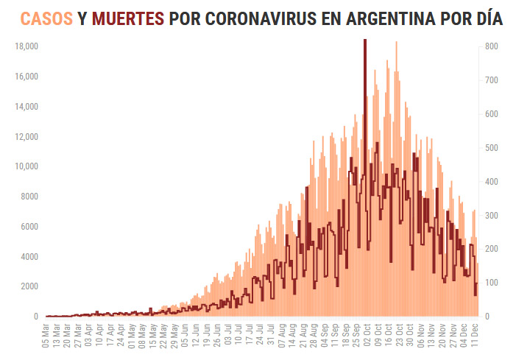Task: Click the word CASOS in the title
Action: click(46, 19)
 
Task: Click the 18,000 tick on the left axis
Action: click(26, 46)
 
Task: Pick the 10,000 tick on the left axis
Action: click(26, 166)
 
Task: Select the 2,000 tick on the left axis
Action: click(29, 286)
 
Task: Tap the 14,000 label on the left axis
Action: click(26, 107)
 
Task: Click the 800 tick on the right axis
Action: click(492, 46)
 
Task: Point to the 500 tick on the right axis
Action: click(492, 148)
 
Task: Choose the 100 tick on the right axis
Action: click(492, 283)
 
